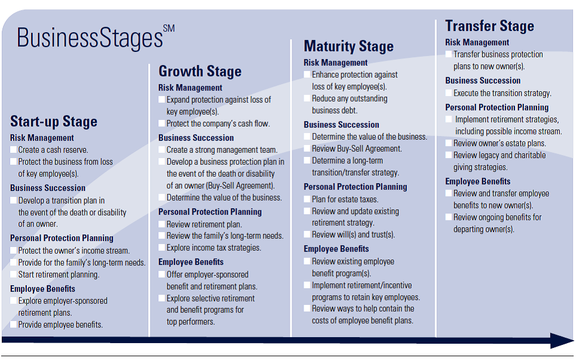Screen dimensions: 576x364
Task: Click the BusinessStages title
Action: click(x=90, y=38)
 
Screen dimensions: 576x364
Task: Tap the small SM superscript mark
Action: click(x=168, y=29)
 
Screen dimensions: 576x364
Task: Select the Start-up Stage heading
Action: click(x=54, y=122)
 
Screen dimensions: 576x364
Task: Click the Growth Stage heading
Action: click(x=200, y=71)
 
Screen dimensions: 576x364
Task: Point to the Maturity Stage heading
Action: click(x=348, y=46)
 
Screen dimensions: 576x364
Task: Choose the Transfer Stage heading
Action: click(x=490, y=26)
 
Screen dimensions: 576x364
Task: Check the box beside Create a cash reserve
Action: click(x=14, y=150)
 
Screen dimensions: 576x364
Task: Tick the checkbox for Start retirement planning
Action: click(x=14, y=274)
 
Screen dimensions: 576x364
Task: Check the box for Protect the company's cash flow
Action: click(x=162, y=124)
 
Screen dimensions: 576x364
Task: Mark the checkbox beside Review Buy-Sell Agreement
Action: click(x=307, y=149)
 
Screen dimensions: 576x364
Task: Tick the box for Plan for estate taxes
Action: click(x=307, y=199)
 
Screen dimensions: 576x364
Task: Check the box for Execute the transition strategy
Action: click(x=449, y=93)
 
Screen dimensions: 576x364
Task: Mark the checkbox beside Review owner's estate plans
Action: click(x=449, y=143)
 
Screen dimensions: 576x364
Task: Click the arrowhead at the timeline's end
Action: click(x=562, y=341)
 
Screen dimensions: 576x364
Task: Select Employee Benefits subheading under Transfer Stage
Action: click(x=478, y=181)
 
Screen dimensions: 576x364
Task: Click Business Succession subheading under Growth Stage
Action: click(x=196, y=138)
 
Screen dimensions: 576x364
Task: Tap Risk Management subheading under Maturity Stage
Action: click(x=335, y=63)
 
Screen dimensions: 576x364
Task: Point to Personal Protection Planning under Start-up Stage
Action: click(x=62, y=238)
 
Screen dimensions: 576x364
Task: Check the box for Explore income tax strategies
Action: click(x=162, y=247)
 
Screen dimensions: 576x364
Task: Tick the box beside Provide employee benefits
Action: click(x=14, y=325)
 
